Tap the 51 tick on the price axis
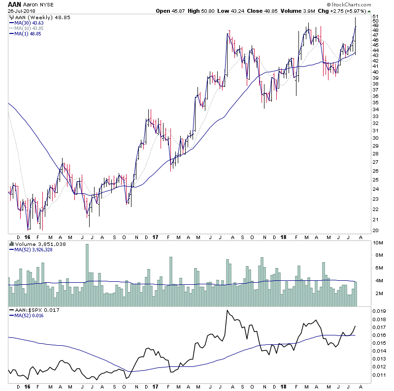click(x=375, y=16)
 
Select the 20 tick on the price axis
click(x=375, y=231)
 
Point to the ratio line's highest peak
click(x=228, y=310)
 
